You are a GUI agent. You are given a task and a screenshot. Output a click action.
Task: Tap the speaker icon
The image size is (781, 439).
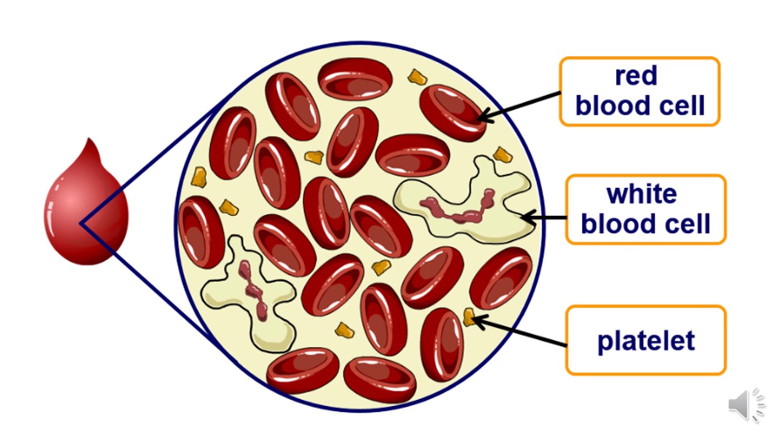tap(746, 404)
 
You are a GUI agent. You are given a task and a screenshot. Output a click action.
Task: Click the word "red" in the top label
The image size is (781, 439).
tap(636, 76)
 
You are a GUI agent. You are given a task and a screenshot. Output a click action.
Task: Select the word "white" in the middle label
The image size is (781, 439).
tap(642, 194)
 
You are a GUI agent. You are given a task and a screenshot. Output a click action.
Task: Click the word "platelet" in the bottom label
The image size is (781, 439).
tap(646, 340)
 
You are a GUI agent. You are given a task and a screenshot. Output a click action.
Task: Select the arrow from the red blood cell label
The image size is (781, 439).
tap(519, 105)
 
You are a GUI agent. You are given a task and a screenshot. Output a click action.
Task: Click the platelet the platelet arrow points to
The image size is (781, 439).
tap(469, 317)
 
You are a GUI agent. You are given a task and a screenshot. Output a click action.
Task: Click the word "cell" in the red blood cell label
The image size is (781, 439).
tap(678, 105)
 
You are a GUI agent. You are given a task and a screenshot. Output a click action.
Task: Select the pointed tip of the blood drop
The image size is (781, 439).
tap(92, 143)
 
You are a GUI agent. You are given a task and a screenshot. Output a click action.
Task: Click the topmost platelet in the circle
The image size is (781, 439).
tap(417, 77)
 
